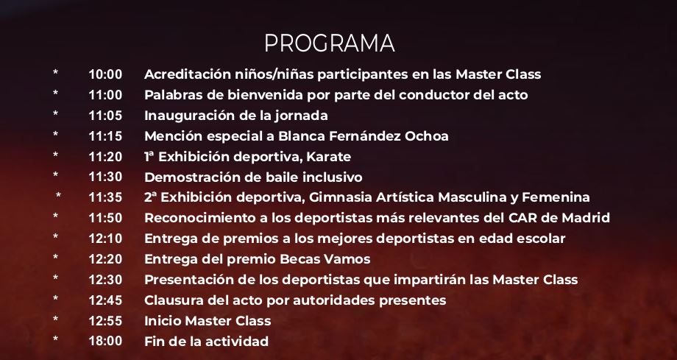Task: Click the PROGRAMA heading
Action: tap(330, 43)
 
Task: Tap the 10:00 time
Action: tap(105, 74)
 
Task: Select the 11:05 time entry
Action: tap(105, 116)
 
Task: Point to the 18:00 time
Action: tap(105, 341)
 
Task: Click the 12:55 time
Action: tap(105, 321)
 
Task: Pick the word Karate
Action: tap(329, 157)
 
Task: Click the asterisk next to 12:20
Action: tap(56, 258)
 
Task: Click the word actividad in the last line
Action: tap(237, 341)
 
